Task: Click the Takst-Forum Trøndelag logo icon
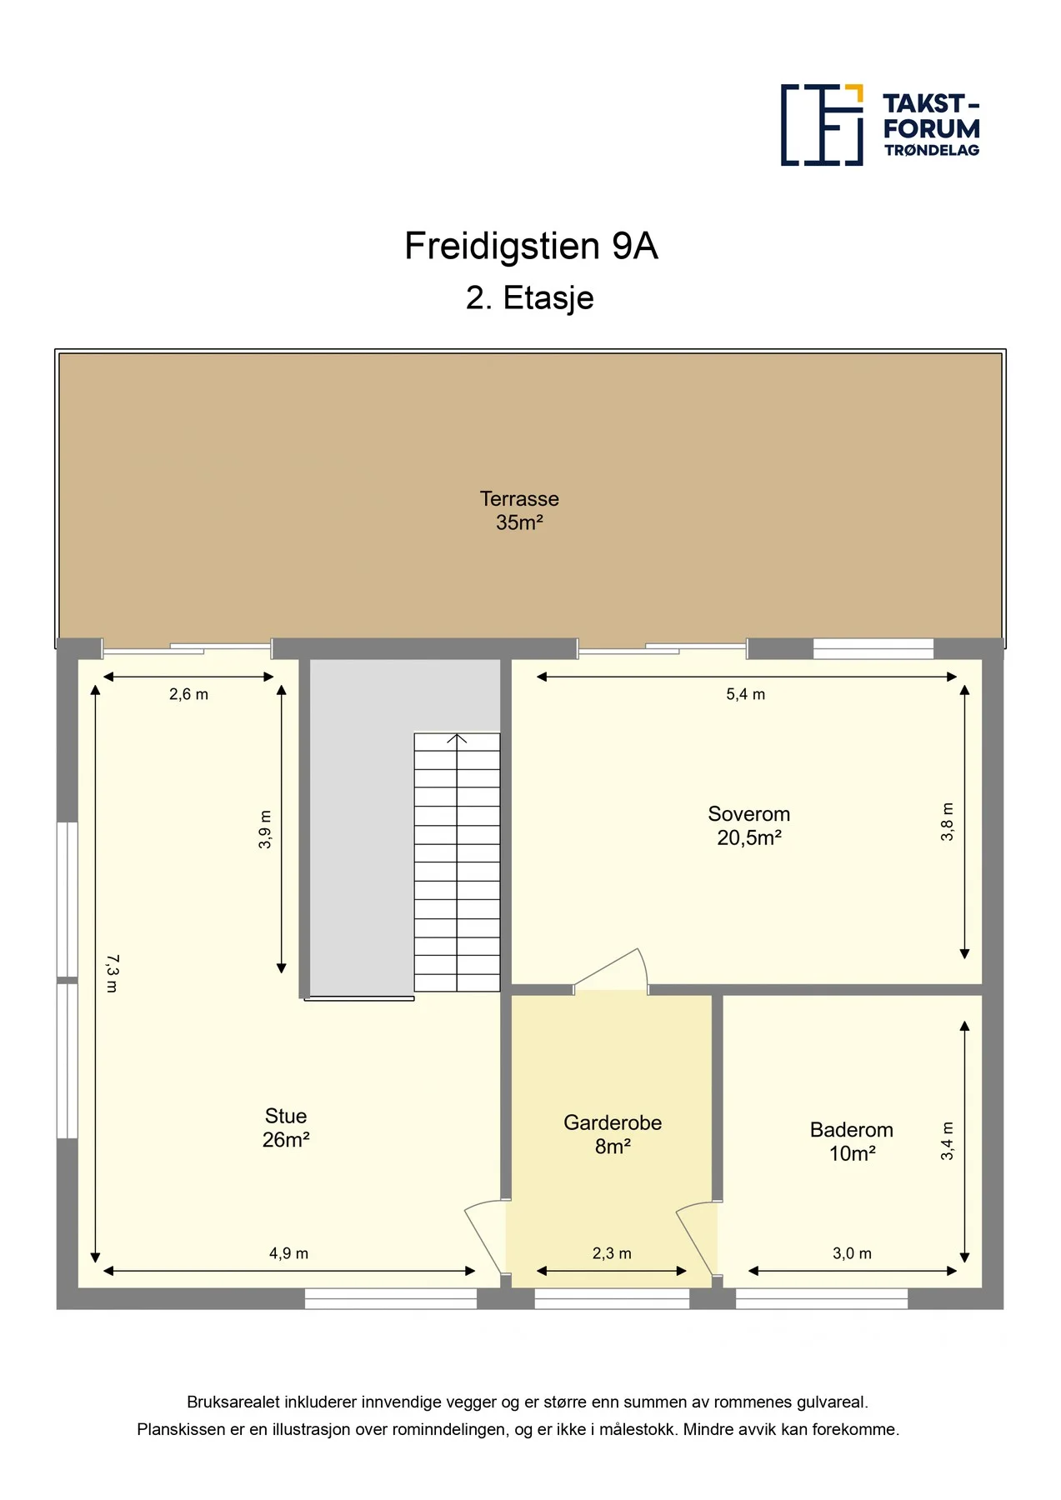tap(821, 125)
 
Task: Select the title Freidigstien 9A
tap(531, 247)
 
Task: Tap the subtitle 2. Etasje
tap(530, 298)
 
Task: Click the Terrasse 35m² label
tap(519, 511)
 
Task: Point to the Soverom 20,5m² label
tap(749, 826)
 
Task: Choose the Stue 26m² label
tap(286, 1127)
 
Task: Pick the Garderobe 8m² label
tap(613, 1134)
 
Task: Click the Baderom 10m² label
tap(852, 1142)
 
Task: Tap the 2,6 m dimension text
tap(189, 694)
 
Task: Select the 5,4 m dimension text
tap(746, 694)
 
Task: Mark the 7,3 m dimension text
tap(113, 973)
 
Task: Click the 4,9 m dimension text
tap(289, 1253)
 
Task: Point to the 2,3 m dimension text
tap(613, 1253)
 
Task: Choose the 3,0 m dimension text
tap(853, 1253)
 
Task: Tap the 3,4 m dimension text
tap(948, 1141)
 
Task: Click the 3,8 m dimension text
tap(948, 822)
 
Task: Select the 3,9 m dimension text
tap(265, 830)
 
